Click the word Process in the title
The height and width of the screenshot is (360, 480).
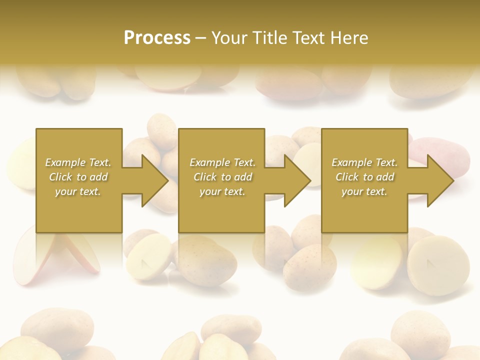click(x=157, y=38)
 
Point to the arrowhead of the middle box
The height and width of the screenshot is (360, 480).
click(x=297, y=180)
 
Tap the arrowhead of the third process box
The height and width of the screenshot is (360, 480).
click(x=440, y=180)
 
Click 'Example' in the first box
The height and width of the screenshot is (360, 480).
click(x=65, y=162)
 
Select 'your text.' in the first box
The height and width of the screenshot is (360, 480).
click(x=78, y=191)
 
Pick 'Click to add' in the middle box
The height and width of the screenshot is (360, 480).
click(x=222, y=177)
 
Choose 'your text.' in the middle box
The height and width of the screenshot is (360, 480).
click(x=222, y=191)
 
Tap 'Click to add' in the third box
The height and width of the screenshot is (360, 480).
click(x=364, y=177)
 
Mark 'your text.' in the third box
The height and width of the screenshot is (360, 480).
click(x=364, y=191)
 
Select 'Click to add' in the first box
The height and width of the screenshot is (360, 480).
click(x=78, y=177)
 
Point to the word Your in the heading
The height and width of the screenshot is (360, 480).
click(x=229, y=38)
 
